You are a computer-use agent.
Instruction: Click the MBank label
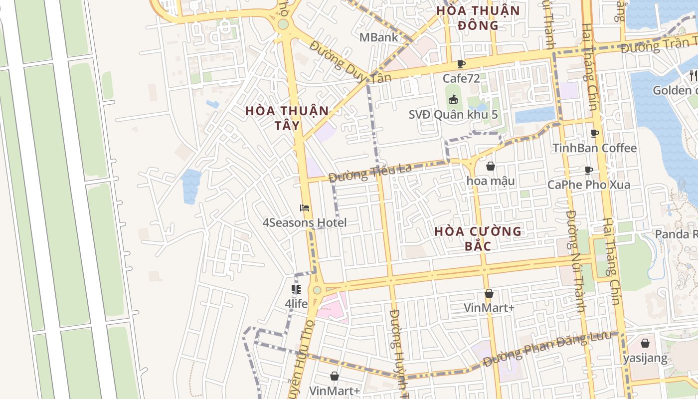pos(379,37)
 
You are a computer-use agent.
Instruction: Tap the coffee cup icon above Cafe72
pos(461,64)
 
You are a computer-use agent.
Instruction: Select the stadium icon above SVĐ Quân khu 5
pos(453,100)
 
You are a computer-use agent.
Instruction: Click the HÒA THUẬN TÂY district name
pos(287,118)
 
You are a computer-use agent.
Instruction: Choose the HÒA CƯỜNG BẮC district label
pos(478,238)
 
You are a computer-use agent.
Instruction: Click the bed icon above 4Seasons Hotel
pos(305,208)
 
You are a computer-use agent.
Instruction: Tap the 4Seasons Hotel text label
pos(305,222)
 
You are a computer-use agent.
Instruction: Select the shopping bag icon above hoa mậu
pos(491,166)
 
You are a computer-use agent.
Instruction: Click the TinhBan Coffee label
pos(595,148)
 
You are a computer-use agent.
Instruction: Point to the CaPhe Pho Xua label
pos(589,185)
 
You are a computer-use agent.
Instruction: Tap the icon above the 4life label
pos(296,289)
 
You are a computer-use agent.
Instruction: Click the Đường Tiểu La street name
pos(370,172)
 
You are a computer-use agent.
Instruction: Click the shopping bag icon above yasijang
pos(645,343)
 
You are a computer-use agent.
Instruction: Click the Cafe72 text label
pos(461,78)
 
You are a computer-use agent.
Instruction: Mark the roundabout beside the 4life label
pos(317,290)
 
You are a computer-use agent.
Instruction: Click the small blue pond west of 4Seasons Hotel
pos(191,186)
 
